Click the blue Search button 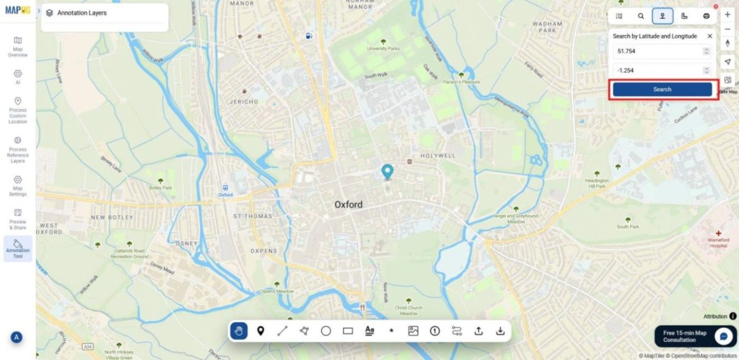click(x=662, y=89)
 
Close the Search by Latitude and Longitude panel click(x=710, y=36)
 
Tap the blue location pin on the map click(x=387, y=171)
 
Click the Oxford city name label click(x=348, y=205)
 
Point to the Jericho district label click(x=243, y=102)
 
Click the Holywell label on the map click(x=437, y=156)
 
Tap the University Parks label click(x=383, y=49)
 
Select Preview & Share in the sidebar click(x=18, y=219)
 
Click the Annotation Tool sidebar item click(x=18, y=249)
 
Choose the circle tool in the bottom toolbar click(x=326, y=331)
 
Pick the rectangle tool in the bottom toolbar click(x=348, y=331)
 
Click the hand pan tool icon click(x=239, y=331)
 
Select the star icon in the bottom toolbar click(x=391, y=331)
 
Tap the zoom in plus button click(x=727, y=15)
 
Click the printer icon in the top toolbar click(x=706, y=16)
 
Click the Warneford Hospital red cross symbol click(x=719, y=233)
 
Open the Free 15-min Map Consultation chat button click(x=723, y=336)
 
